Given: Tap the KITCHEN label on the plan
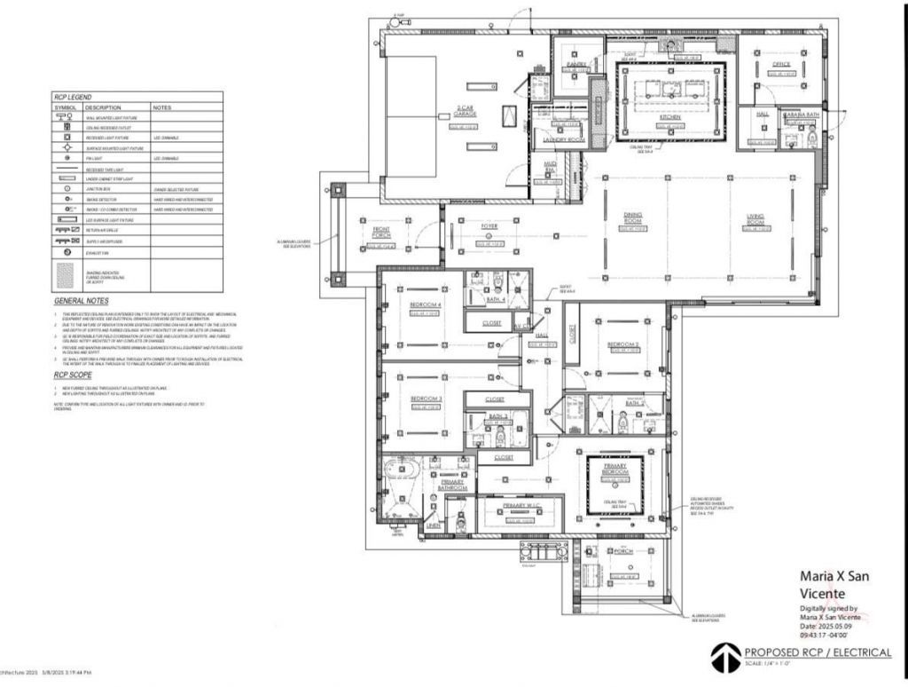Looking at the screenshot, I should coord(669,117).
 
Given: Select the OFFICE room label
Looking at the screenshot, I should coord(780,65).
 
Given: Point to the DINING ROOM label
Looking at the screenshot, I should coord(632,217).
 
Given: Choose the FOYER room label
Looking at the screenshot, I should coord(489,227).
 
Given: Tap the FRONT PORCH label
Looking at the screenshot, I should coord(381,233).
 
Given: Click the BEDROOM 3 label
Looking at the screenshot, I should coord(426,400).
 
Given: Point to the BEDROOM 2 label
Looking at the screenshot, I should coord(623,344).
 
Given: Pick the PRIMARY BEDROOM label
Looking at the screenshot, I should coord(615,470).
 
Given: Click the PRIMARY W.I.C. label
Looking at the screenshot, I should coord(521,505).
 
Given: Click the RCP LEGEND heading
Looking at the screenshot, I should coord(74,97).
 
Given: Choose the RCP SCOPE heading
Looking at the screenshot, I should coord(70,375).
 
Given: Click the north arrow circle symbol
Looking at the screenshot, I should coord(724,657).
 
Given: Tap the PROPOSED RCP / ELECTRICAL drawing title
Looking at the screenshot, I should coord(818,652).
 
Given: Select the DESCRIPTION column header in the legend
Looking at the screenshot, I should coord(103,107).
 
